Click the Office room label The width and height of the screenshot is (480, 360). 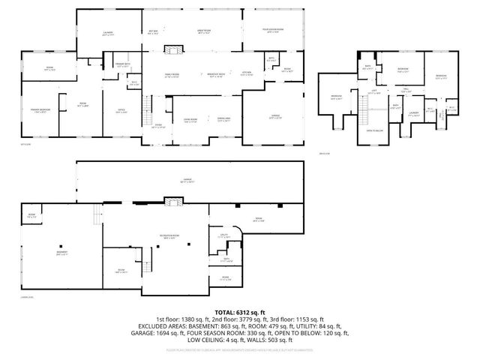(x=120, y=111)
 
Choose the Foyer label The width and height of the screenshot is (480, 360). (x=158, y=126)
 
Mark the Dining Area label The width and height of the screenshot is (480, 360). (x=223, y=119)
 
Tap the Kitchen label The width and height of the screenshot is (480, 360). (x=247, y=73)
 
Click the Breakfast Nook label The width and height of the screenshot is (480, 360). (x=216, y=75)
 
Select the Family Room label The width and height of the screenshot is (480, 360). (x=172, y=75)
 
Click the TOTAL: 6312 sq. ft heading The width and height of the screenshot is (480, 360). (x=240, y=311)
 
